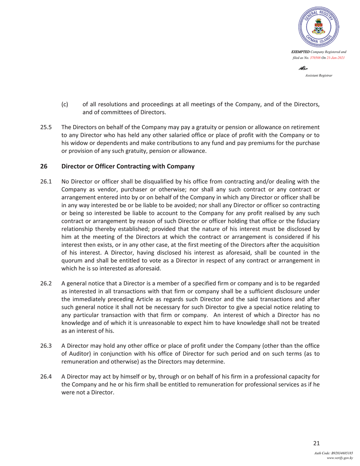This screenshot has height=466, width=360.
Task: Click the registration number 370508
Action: coord(314,57)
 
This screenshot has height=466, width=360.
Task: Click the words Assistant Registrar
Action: coord(318,75)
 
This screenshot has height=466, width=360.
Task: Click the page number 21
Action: coord(316,444)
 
